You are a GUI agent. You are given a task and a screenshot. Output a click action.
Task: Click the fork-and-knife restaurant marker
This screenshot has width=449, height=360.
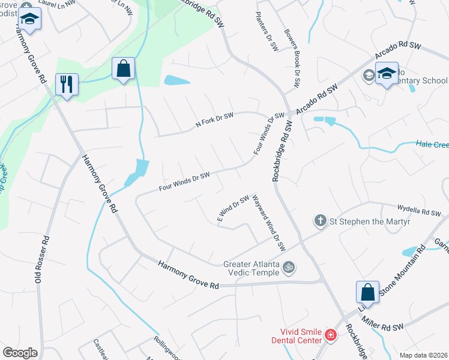(x=67, y=84)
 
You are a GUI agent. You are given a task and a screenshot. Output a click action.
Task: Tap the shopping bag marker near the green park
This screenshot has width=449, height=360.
(x=123, y=69)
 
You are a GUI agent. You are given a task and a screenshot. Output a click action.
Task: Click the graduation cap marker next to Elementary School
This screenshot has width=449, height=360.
(x=387, y=74)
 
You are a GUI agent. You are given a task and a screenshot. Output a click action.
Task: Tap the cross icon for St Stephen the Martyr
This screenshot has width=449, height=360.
(x=321, y=221)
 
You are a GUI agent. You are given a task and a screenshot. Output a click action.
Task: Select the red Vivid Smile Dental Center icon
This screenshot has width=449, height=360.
(x=330, y=334)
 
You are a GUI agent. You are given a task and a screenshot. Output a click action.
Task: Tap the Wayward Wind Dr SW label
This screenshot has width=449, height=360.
(x=268, y=223)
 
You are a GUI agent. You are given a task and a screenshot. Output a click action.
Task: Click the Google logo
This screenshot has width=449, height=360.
(x=20, y=353)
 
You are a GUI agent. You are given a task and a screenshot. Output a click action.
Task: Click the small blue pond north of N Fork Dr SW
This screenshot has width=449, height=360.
(x=176, y=80)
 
